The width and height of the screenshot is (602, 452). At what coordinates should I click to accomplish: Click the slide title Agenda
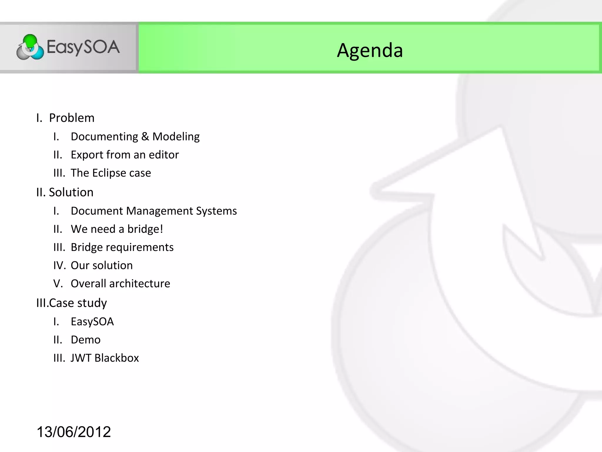coord(369,50)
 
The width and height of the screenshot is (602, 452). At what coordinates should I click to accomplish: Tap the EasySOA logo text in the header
coord(83,47)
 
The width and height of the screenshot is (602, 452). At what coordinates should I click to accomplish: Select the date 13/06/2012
coord(73,432)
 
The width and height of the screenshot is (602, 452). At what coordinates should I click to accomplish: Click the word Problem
coord(72,118)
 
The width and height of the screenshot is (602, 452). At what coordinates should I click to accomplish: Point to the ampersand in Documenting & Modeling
coord(145,137)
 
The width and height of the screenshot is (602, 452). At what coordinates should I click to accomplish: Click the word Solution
coord(71,192)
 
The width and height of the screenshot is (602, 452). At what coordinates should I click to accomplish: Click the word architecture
coord(140,284)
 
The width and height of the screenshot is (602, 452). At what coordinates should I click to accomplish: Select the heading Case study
coord(78,303)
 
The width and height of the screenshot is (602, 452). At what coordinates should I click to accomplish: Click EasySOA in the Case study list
coord(92,322)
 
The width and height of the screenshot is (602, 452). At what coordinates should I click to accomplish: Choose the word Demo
coord(86,340)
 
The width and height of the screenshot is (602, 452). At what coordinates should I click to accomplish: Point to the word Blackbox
coord(117,358)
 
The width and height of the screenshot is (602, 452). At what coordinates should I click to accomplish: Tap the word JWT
coord(81,358)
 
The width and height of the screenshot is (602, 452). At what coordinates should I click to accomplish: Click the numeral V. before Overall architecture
coord(58,284)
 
